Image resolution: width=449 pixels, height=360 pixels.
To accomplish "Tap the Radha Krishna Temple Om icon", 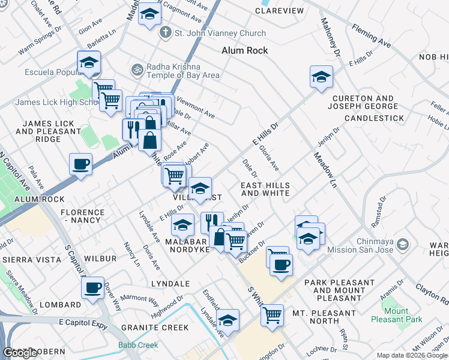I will pyautogui.click(x=137, y=70).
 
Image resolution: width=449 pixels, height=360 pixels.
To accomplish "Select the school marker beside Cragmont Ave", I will pyautogui.click(x=149, y=14).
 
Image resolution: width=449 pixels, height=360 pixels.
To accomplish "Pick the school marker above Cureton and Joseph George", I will pyautogui.click(x=322, y=77).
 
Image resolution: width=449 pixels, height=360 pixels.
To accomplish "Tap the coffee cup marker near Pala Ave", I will pyautogui.click(x=80, y=164).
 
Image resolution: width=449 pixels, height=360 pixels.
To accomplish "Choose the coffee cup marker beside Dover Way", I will pyautogui.click(x=92, y=289).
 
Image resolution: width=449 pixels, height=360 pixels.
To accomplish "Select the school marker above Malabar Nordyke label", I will pyautogui.click(x=182, y=226).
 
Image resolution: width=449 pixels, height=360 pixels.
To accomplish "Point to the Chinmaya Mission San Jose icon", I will pyautogui.click(x=403, y=244).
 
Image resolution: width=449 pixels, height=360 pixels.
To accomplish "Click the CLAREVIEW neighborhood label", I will pyautogui.click(x=279, y=11).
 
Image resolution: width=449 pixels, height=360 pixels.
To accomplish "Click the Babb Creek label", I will pyautogui.click(x=139, y=345).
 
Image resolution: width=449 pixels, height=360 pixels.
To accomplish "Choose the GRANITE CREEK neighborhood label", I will pyautogui.click(x=155, y=328).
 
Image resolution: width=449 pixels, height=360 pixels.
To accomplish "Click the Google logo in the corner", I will pyautogui.click(x=20, y=353).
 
